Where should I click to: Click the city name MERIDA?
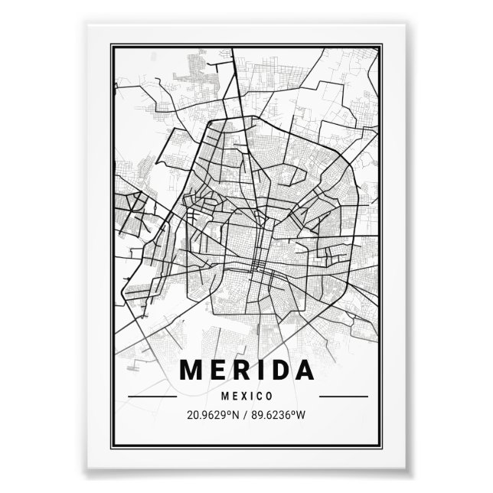(246, 370)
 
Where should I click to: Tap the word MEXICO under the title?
(246, 396)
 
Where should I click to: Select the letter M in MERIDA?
(192, 370)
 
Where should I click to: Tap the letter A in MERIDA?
(305, 370)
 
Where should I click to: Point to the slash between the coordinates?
(246, 416)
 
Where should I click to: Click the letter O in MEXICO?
(270, 396)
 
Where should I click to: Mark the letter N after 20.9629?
(237, 416)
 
